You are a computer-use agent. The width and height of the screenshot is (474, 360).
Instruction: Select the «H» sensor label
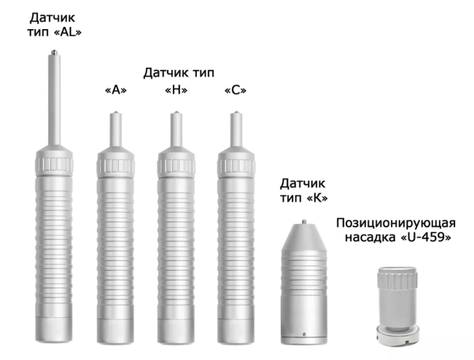coord(176,90)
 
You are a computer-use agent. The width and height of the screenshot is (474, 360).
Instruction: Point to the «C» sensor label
coord(235,90)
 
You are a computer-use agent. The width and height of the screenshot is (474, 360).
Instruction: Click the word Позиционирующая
coord(396,222)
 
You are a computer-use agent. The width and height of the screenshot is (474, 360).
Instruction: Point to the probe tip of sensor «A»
coord(114,114)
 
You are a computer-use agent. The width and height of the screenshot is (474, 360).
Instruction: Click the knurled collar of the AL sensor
coord(55,158)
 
